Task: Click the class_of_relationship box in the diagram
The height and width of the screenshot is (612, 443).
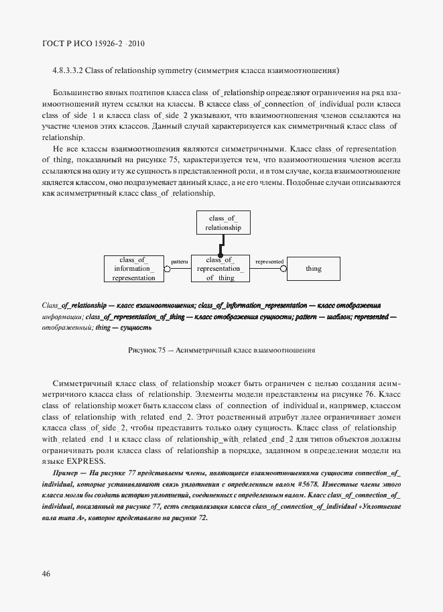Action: click(223, 223)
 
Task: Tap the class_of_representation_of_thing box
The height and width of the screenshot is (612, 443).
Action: click(220, 268)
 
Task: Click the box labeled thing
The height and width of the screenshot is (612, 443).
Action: click(313, 269)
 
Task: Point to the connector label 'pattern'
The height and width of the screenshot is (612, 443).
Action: click(179, 261)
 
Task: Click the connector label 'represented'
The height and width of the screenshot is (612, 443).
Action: click(269, 261)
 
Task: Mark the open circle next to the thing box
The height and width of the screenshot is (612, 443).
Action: click(283, 269)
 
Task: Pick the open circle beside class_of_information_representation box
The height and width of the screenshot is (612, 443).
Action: click(168, 269)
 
